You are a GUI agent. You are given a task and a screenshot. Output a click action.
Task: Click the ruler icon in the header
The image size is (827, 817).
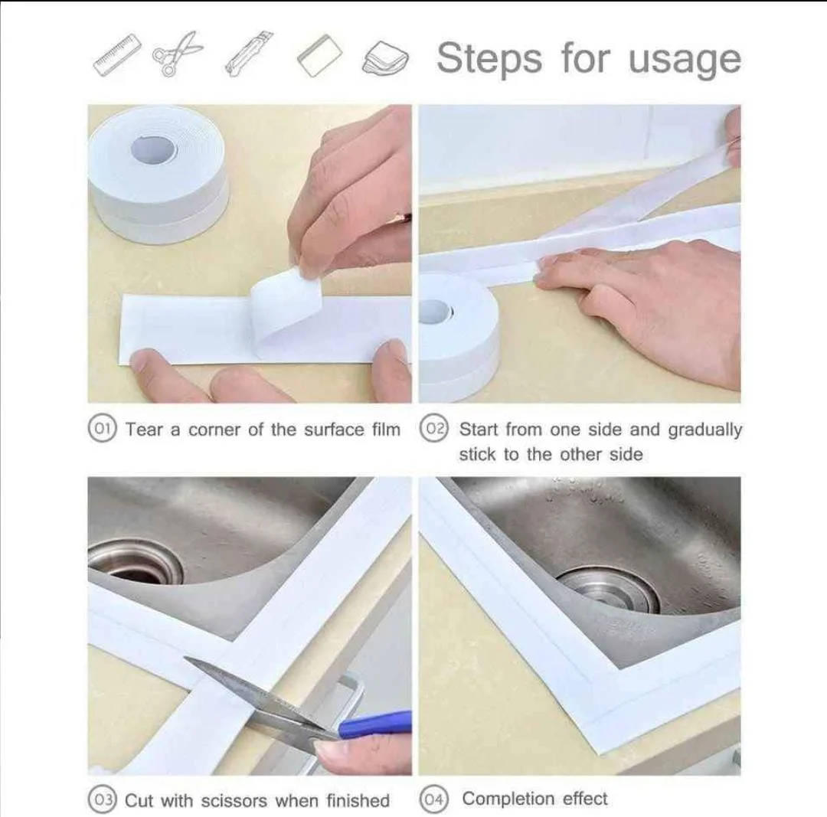(118, 54)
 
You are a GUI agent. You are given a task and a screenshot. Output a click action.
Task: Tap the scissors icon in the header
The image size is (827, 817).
(178, 54)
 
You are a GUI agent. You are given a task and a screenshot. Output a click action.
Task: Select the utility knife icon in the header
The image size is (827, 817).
(249, 54)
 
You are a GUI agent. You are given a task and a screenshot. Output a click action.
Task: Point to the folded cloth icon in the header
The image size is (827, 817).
(385, 57)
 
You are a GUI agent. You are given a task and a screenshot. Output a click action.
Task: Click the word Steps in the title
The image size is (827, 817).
(489, 59)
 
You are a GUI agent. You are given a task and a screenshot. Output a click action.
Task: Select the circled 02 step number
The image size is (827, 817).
(433, 429)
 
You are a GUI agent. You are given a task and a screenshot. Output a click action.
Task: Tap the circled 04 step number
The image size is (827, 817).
(433, 799)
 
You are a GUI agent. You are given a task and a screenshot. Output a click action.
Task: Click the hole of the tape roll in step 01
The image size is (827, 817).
(153, 149)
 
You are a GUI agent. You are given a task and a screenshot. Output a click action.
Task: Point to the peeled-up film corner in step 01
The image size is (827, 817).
(282, 308)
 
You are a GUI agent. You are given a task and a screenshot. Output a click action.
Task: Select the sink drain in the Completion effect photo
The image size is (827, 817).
(607, 589)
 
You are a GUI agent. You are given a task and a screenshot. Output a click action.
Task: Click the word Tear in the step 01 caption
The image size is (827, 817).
(145, 430)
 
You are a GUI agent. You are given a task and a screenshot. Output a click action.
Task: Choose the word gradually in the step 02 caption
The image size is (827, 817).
(704, 430)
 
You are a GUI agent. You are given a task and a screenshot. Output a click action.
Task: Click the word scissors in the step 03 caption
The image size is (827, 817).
(234, 801)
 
